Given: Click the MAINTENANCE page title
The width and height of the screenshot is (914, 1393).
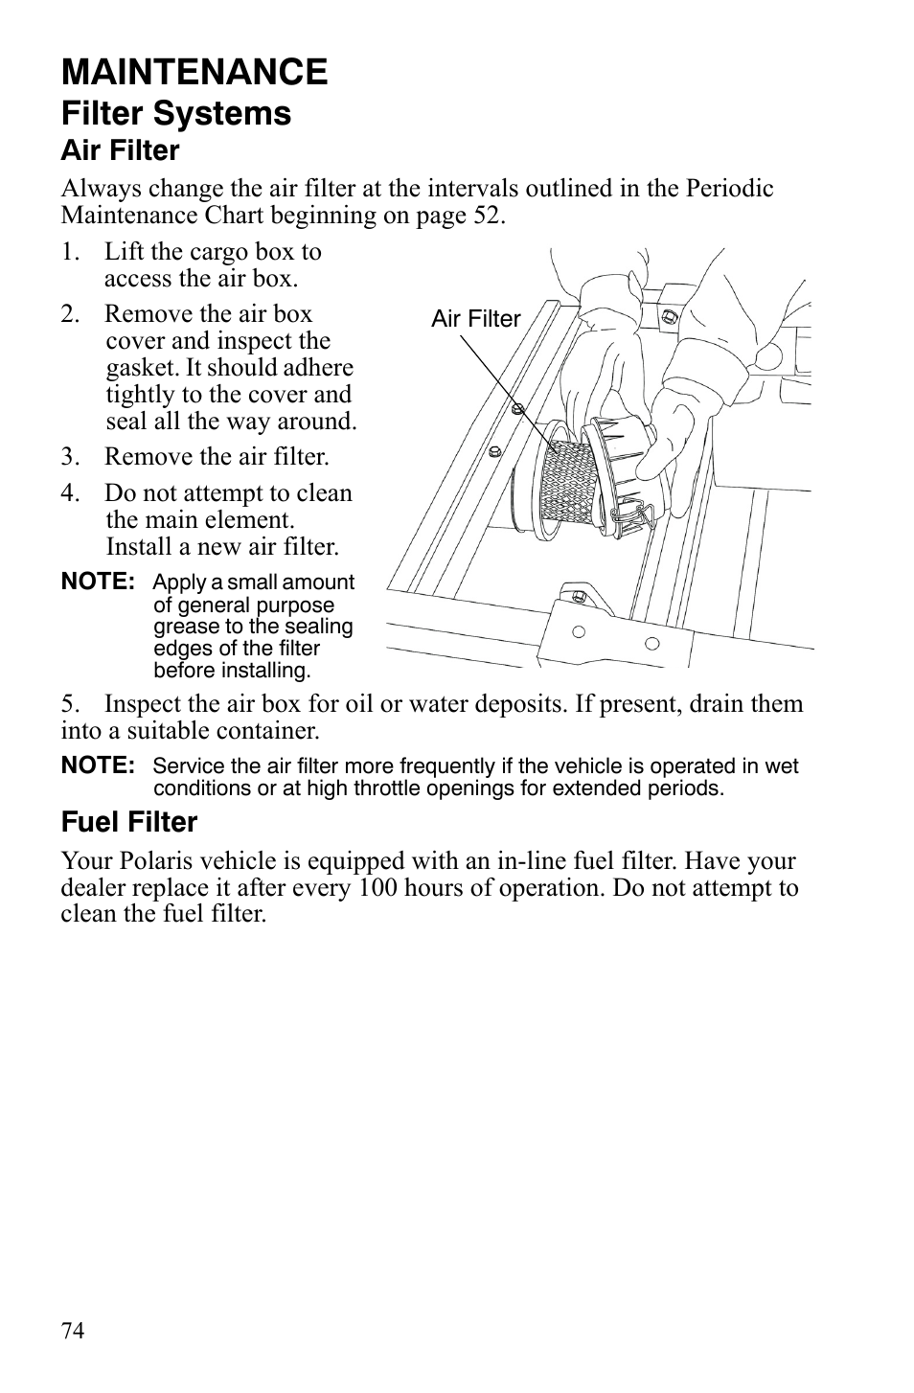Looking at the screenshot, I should (194, 72).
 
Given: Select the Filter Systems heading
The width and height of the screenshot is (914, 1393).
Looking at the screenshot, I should (176, 113).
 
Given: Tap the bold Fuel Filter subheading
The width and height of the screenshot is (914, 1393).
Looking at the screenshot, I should (129, 822).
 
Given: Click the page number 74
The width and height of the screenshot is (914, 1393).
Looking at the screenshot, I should (73, 1331).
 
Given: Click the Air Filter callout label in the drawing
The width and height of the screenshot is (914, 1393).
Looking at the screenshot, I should (475, 319).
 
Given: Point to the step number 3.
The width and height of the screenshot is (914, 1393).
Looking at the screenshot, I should (68, 457).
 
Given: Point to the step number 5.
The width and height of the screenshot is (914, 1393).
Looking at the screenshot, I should (68, 704).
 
